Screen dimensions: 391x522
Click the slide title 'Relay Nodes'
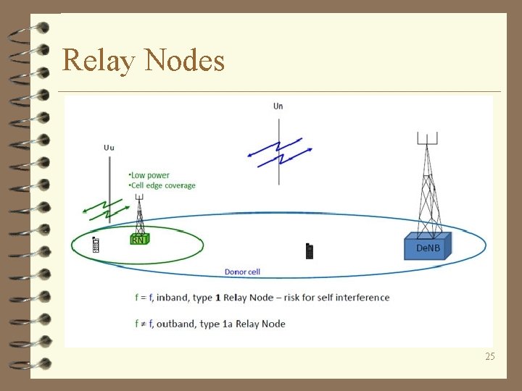[x=144, y=60]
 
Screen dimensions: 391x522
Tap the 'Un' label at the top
[x=278, y=106]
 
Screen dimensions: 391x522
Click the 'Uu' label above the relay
[x=109, y=148]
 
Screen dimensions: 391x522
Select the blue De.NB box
[x=427, y=247]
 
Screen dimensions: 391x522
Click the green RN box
[x=138, y=239]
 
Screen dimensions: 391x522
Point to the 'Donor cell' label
[x=242, y=272]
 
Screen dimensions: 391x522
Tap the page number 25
[x=490, y=356]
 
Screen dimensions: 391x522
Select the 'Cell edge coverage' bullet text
[x=164, y=185]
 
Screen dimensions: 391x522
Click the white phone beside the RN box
[x=96, y=245]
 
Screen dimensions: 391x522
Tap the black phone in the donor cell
[x=310, y=251]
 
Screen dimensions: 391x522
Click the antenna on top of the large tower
[x=427, y=138]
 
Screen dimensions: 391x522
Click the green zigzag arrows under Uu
[x=106, y=209]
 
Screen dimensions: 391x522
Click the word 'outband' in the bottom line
[x=177, y=324]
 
